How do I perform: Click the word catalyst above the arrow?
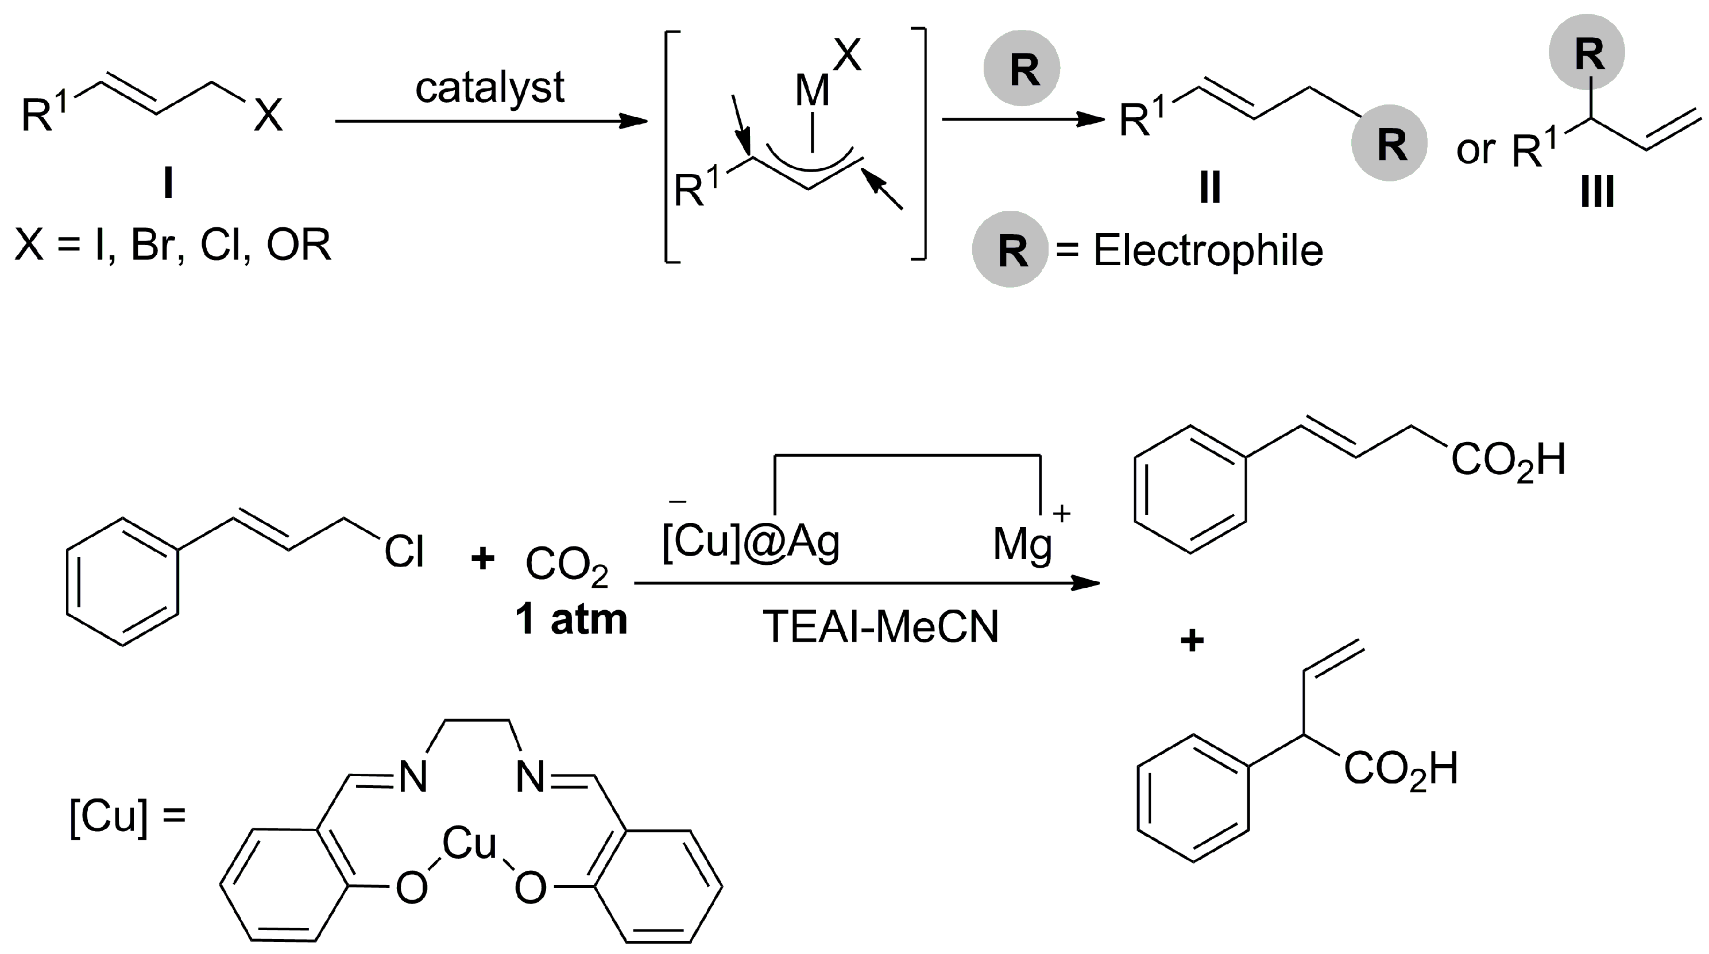pyautogui.click(x=490, y=88)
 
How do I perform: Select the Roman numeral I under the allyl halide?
pyautogui.click(x=168, y=183)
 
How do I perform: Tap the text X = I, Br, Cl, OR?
pyautogui.click(x=172, y=245)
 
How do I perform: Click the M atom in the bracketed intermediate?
pyautogui.click(x=812, y=91)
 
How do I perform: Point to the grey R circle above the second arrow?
pyautogui.click(x=1022, y=68)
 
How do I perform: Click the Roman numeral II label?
pyautogui.click(x=1209, y=188)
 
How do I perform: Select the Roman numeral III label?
pyautogui.click(x=1596, y=192)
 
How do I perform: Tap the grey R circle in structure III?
pyautogui.click(x=1586, y=52)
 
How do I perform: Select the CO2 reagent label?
pyautogui.click(x=566, y=565)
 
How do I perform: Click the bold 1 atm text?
pyautogui.click(x=571, y=619)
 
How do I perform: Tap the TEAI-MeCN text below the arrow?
pyautogui.click(x=880, y=626)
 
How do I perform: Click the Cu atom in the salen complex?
pyautogui.click(x=469, y=843)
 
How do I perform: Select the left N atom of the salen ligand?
pyautogui.click(x=411, y=776)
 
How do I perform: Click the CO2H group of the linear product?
pyautogui.click(x=1508, y=460)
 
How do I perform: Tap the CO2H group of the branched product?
pyautogui.click(x=1401, y=770)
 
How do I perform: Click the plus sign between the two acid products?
pyautogui.click(x=1192, y=641)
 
